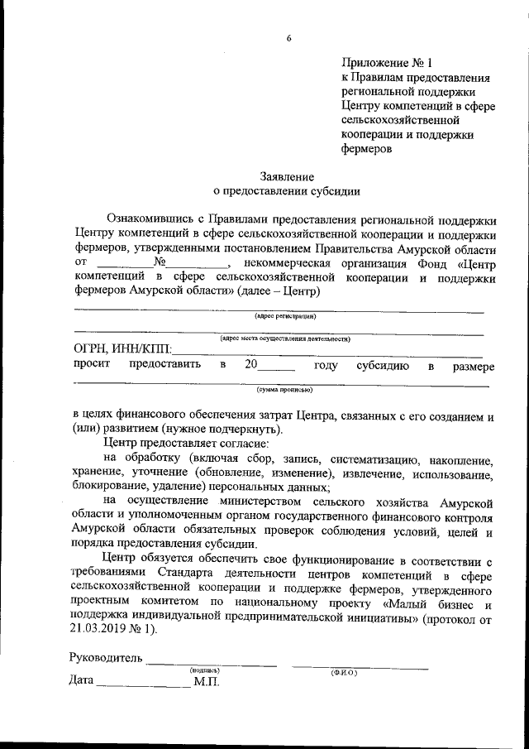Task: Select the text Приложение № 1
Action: pyautogui.click(x=387, y=62)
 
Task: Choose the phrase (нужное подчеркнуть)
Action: pyautogui.click(x=222, y=429)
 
